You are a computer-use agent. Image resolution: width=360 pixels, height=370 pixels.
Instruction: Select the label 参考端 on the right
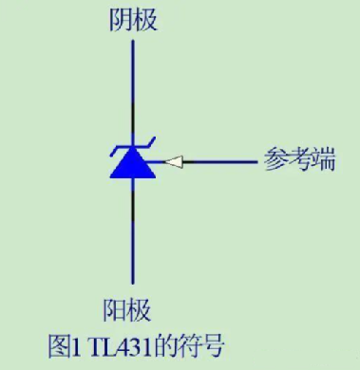click(301, 161)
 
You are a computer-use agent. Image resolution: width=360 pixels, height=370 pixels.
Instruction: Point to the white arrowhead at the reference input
click(173, 162)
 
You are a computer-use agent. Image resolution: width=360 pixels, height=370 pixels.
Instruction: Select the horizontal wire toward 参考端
click(218, 162)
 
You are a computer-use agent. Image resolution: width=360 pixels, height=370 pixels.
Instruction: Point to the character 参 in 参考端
click(276, 161)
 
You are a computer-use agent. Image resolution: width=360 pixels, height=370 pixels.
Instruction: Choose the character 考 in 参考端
click(301, 161)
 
